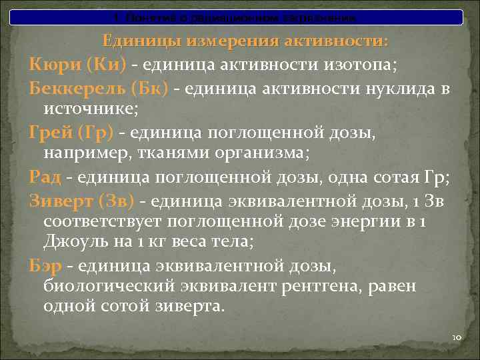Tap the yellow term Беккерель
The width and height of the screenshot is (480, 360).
pos(72,88)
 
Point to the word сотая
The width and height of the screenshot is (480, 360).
pos(391,178)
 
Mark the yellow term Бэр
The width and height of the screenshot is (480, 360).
pos(45,267)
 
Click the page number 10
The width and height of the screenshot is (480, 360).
pos(457,338)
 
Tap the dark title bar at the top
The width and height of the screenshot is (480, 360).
pos(239,15)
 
